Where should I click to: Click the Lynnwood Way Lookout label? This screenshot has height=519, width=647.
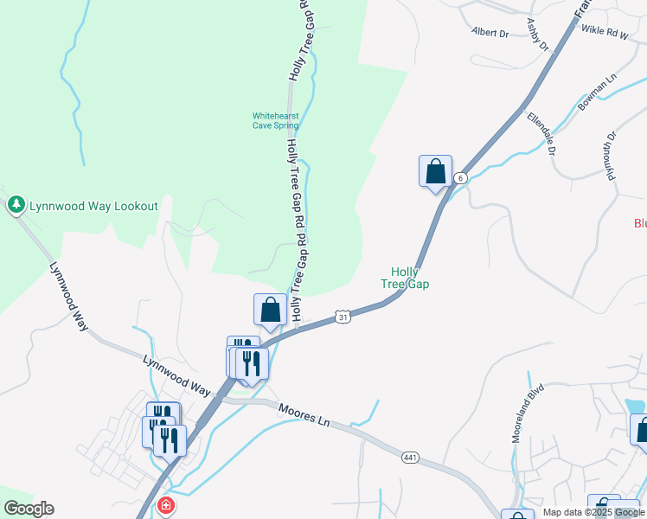point(93,206)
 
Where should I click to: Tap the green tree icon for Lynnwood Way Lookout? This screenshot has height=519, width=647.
point(16,205)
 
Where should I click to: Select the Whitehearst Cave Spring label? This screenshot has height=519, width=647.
point(275,120)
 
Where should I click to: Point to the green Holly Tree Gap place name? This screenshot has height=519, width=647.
point(406,278)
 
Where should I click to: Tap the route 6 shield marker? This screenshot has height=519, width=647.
point(462,177)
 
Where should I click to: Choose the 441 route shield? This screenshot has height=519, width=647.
point(410,455)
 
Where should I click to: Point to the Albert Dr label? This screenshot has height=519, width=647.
point(490,33)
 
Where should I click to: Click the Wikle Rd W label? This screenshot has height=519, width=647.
point(603,30)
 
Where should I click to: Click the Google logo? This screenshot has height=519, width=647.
point(29,509)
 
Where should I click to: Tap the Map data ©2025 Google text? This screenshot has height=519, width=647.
point(593,512)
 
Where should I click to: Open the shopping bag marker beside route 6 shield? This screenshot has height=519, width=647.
point(435,171)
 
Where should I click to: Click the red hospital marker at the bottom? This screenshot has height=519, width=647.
point(165,507)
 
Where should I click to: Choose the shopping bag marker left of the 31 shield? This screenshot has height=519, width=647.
point(270,310)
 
